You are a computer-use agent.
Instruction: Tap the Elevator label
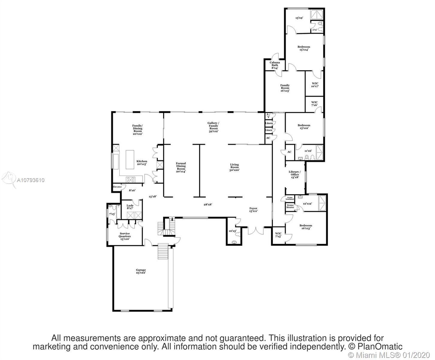point(117,187)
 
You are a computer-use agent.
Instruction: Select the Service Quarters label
point(125,235)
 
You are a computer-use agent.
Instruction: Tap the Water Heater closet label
point(290,206)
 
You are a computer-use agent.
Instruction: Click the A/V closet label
point(268,115)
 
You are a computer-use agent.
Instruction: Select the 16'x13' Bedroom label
point(305,227)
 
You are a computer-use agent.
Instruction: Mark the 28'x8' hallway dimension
point(208,204)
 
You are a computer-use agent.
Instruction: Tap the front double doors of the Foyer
point(256,230)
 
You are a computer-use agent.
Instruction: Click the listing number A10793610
point(31,180)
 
